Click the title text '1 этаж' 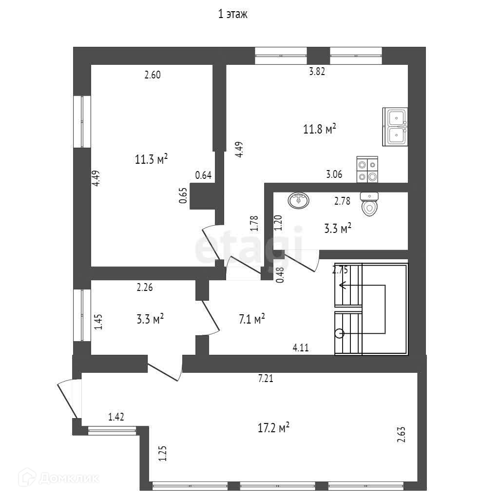233,15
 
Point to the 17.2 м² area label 273,428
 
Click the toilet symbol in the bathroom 369,204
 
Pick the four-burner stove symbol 367,170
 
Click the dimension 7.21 266,378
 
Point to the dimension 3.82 317,72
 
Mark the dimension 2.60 152,75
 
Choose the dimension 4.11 301,347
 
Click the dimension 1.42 116,416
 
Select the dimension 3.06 334,174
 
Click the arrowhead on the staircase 343,286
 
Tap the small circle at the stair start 339,334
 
